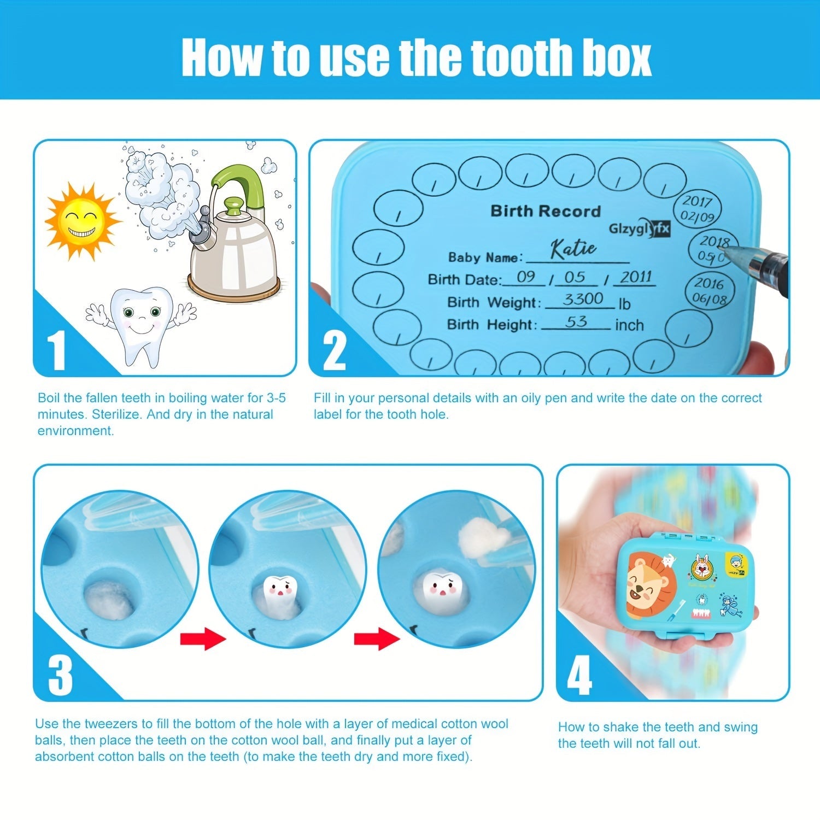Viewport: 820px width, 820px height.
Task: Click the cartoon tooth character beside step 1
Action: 142,323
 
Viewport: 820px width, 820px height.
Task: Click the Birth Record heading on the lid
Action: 545,211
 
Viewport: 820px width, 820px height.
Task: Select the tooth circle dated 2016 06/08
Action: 710,290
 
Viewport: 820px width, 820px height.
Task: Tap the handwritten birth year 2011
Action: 636,277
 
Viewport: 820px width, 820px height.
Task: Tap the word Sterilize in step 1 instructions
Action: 116,414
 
